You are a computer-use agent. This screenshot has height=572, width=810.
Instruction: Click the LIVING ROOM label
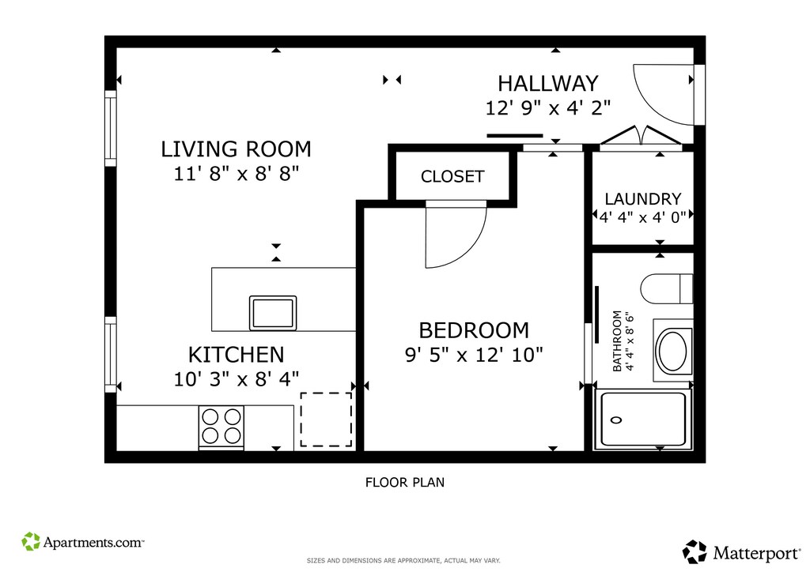pos(236,149)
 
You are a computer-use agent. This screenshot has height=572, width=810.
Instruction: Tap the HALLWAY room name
pos(548,84)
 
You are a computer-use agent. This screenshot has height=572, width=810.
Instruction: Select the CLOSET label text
pos(452,176)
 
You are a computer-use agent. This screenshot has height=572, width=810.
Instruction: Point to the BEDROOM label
pos(474,330)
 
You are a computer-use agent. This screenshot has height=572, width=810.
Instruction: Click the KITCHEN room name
pos(236,355)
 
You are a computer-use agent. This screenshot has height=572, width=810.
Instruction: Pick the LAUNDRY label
pos(643,199)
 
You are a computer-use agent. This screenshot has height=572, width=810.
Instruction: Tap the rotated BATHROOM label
pos(617,341)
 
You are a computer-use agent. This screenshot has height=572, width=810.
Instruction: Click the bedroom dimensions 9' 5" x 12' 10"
pos(474,355)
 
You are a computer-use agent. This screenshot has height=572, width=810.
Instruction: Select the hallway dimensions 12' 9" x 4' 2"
pos(548,108)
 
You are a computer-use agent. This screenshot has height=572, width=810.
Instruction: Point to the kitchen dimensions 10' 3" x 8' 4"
pos(236,379)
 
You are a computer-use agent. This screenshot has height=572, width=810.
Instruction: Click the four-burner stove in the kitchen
pos(221,427)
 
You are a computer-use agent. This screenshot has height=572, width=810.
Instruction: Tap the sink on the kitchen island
pos(273,313)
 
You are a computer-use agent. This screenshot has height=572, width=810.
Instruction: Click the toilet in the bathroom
pos(666,289)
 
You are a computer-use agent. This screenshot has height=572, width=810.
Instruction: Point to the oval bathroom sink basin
pos(672,352)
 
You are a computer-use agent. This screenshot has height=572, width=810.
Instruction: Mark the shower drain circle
pos(615,420)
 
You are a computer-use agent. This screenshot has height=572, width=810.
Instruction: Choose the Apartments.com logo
pos(82,542)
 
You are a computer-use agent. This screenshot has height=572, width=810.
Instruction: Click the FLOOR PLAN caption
pos(405,483)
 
